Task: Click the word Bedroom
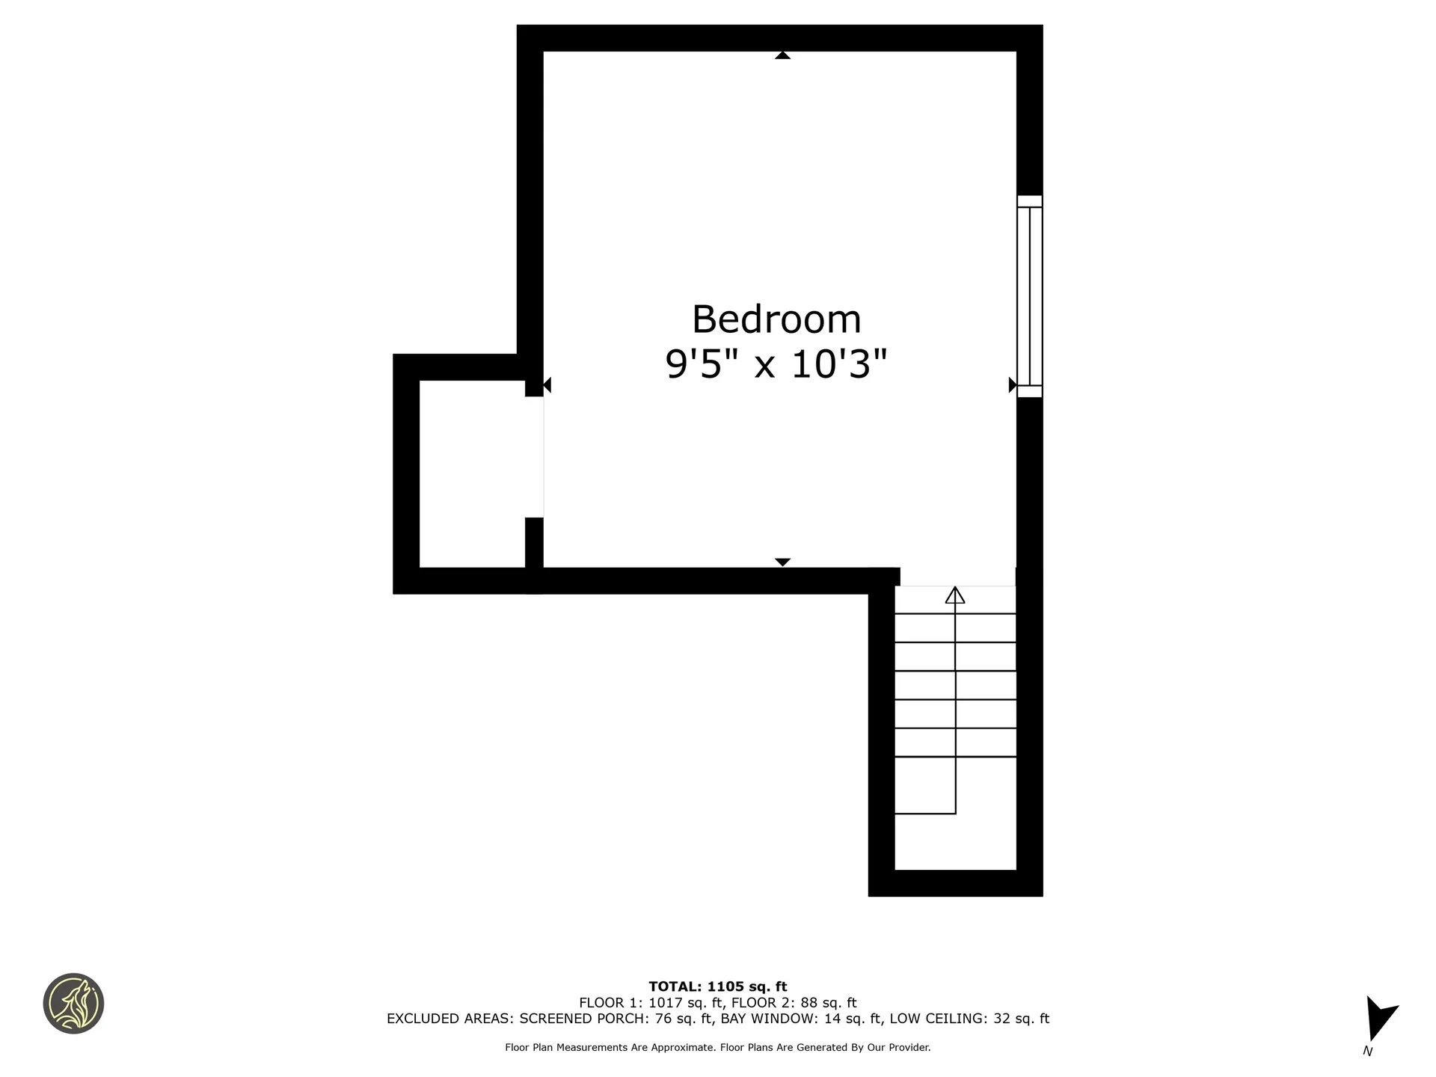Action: (776, 319)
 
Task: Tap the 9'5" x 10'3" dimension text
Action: (776, 365)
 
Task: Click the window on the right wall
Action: (1029, 296)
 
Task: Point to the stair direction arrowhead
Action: (955, 595)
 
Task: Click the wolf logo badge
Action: (73, 1004)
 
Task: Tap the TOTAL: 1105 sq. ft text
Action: (717, 987)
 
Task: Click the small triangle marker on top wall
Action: (782, 55)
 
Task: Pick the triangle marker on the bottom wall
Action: (782, 562)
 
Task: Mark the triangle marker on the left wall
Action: (547, 385)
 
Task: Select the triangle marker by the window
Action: (1012, 385)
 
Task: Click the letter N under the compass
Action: (1368, 1051)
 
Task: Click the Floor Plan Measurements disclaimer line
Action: (717, 1048)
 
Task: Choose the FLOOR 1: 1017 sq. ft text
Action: (651, 1003)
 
